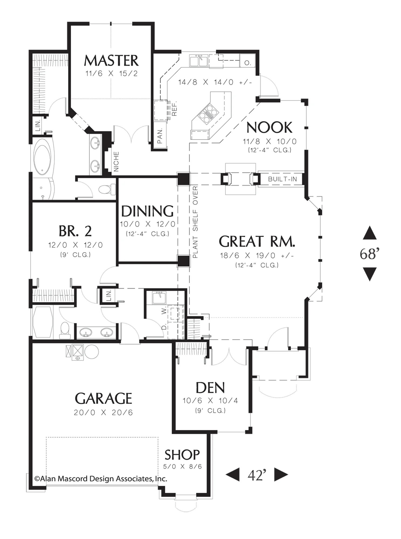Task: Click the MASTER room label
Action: (x=111, y=61)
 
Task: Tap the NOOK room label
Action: (x=269, y=127)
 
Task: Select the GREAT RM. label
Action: (x=257, y=241)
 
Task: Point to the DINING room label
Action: (x=147, y=211)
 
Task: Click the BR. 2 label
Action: (x=75, y=231)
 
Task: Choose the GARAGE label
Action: (x=103, y=399)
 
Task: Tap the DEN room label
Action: (x=210, y=388)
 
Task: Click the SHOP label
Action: (x=182, y=455)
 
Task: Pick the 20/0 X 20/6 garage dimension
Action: (x=103, y=413)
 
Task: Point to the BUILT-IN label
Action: (x=282, y=179)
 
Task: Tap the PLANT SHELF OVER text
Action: (x=195, y=222)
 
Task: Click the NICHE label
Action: (x=116, y=162)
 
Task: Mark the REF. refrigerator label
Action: (x=174, y=109)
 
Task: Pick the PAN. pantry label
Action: (x=160, y=136)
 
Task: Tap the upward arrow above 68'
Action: (x=369, y=233)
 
